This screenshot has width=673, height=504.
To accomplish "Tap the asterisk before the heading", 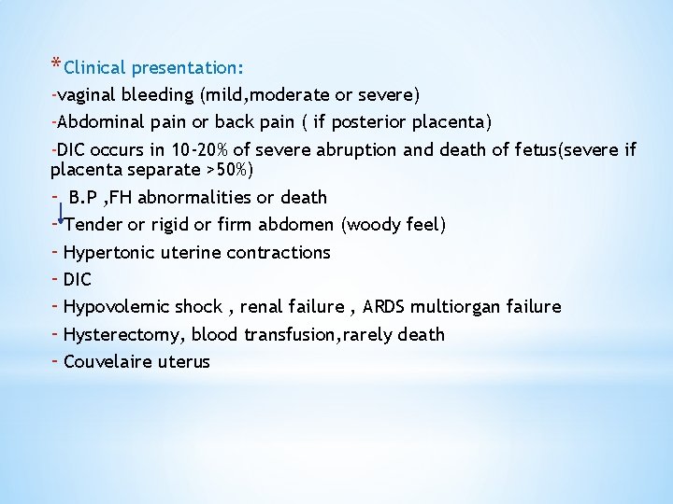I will pyautogui.click(x=56, y=64).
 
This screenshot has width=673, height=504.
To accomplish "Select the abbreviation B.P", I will pyautogui.click(x=85, y=197).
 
